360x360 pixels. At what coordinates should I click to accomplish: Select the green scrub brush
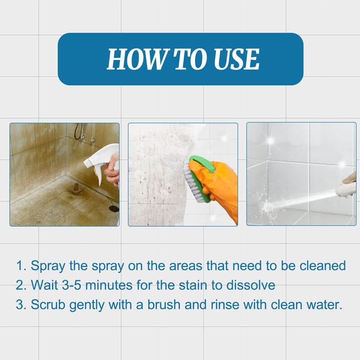tap(198, 177)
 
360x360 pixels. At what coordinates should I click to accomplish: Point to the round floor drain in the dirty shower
tap(114, 209)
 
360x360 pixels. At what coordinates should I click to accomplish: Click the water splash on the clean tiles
tap(270, 207)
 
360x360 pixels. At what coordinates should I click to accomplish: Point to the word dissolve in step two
tap(251, 285)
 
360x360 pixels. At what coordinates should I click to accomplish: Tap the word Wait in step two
tap(44, 285)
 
